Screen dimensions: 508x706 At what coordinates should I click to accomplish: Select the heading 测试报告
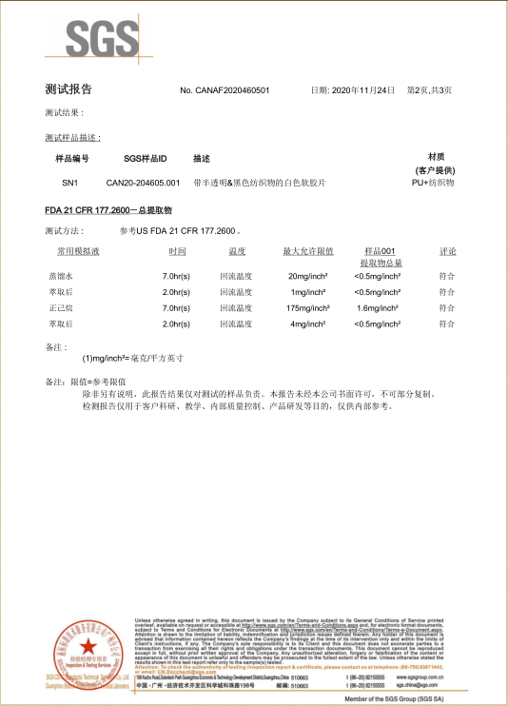point(68,88)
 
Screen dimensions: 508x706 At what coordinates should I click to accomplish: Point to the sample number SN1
point(69,182)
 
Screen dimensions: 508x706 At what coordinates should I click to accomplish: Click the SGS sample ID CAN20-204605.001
point(143,182)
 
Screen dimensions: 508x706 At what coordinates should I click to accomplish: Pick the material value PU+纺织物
point(433,182)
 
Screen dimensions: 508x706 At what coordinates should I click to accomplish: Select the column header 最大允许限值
point(307,251)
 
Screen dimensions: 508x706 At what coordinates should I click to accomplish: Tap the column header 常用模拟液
point(77,251)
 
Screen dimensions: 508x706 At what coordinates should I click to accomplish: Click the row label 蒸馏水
point(61,275)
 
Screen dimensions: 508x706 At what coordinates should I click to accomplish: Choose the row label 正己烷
point(61,308)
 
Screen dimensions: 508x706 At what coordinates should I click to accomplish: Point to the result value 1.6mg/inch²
point(377,308)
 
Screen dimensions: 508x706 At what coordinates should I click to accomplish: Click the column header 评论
point(447,251)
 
